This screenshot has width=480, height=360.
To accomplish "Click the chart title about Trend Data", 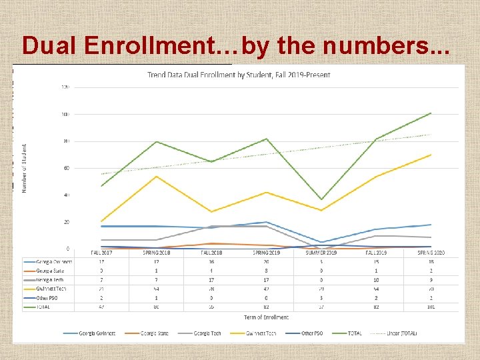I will [x=239, y=75].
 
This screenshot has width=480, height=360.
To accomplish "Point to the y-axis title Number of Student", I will [x=25, y=168].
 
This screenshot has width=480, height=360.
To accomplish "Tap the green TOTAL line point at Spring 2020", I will [x=431, y=113].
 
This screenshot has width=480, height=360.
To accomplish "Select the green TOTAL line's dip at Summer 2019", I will [x=322, y=199].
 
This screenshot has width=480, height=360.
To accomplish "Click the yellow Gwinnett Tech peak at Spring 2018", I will [x=156, y=176].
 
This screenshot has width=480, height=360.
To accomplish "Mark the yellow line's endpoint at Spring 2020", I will [x=431, y=155].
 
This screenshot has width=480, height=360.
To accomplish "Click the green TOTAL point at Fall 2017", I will [x=101, y=186].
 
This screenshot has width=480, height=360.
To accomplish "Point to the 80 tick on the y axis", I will [x=65, y=141].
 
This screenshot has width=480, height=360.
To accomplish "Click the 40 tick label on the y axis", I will [x=65, y=195].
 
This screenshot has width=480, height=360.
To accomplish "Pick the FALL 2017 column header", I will [x=101, y=253].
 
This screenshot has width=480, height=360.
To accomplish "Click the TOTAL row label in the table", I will [x=47, y=308].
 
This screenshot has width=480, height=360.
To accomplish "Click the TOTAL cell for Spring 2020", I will [x=431, y=308].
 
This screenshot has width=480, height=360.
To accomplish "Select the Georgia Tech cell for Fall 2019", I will [x=376, y=280].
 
